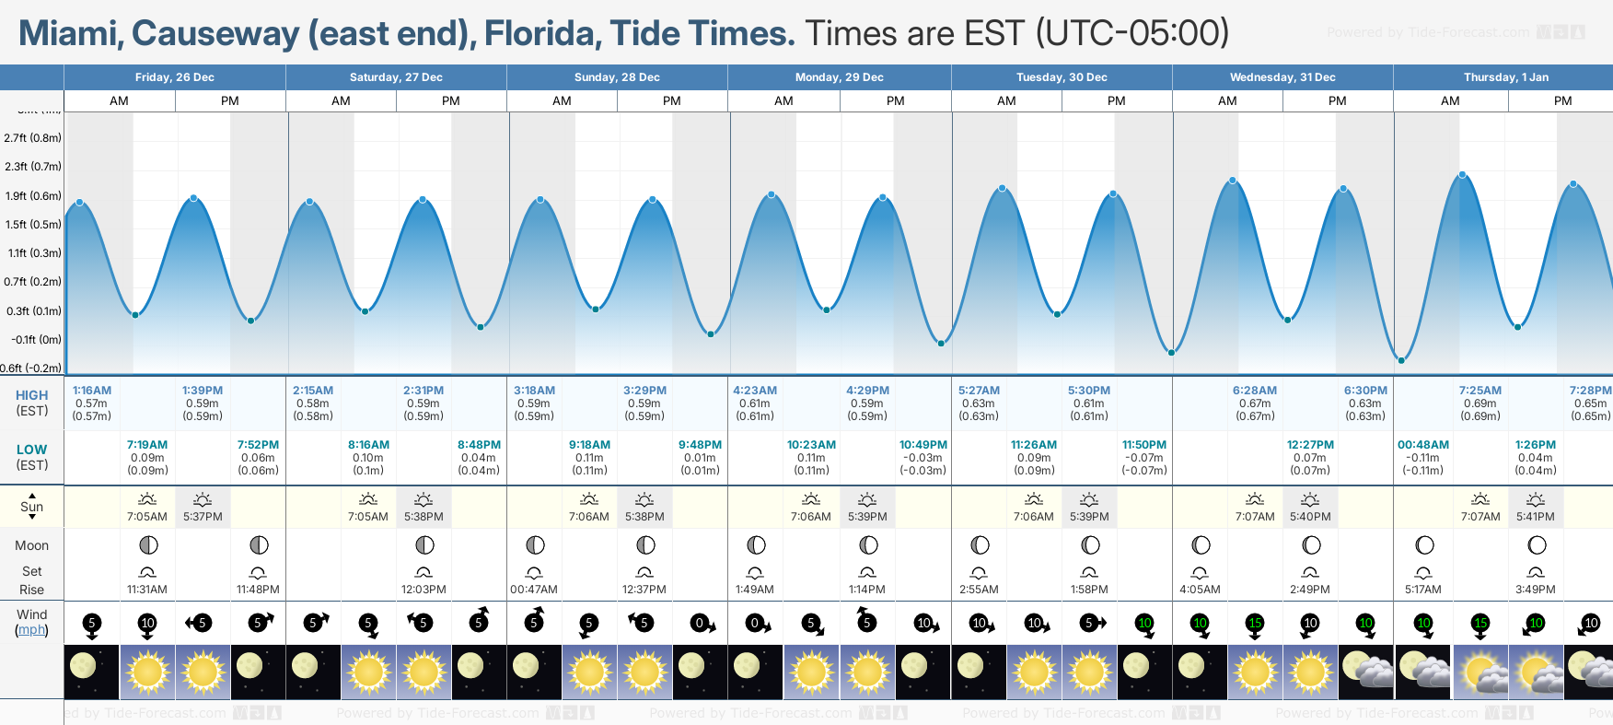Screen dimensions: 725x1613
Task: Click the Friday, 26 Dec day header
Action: (x=174, y=77)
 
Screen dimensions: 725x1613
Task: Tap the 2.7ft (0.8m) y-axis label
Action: (x=32, y=138)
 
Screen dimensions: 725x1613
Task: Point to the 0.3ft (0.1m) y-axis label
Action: (x=33, y=311)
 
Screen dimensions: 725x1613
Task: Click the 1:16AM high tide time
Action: (x=92, y=391)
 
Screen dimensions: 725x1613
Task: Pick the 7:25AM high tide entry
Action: (x=1480, y=391)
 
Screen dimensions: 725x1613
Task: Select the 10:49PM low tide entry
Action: (x=923, y=445)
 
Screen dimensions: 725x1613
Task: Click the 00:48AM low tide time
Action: (x=1422, y=445)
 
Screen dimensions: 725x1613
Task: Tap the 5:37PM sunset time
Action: (x=203, y=517)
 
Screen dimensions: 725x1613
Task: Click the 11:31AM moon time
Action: (x=147, y=590)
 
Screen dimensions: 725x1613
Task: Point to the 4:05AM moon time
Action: (x=1200, y=590)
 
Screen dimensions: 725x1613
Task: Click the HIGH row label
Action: (x=32, y=395)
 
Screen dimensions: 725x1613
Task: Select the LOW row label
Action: (x=32, y=450)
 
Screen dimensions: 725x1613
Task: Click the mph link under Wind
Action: (x=31, y=630)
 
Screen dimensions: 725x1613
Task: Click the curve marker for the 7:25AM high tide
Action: (x=1462, y=175)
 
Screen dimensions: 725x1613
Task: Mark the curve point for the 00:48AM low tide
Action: (x=1401, y=360)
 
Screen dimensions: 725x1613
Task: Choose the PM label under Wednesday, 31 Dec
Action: (x=1337, y=101)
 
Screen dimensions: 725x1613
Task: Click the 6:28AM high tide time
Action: (x=1254, y=391)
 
